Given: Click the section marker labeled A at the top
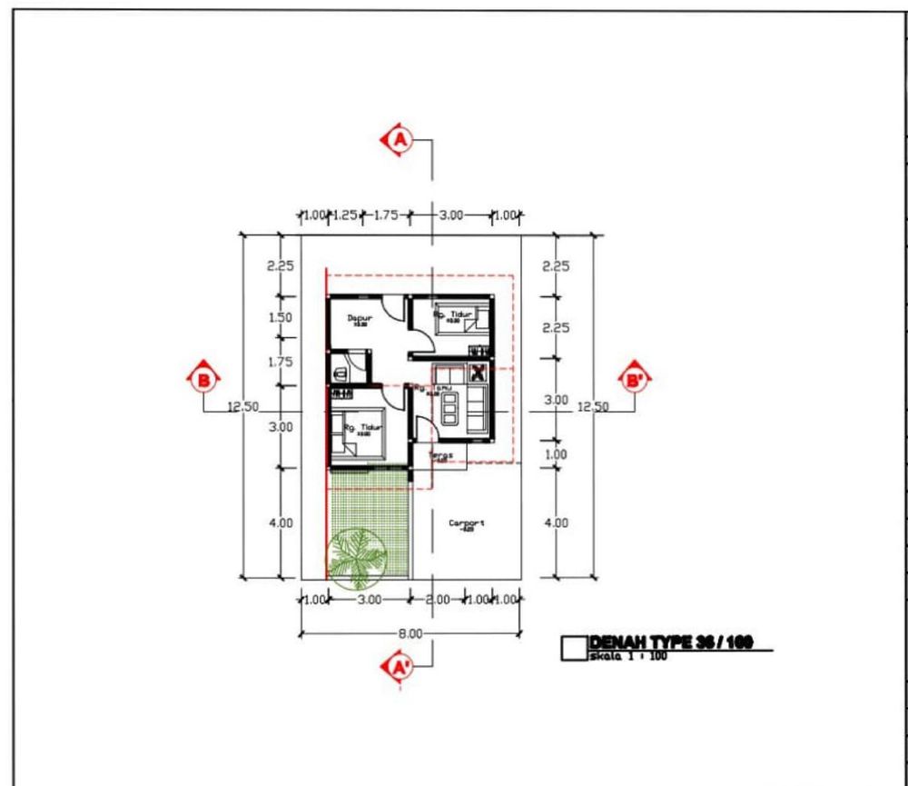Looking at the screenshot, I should click(x=400, y=140).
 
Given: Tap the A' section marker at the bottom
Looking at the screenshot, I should click(x=400, y=666).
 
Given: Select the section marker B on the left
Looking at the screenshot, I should click(x=202, y=379).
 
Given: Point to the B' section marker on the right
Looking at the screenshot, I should click(x=633, y=379).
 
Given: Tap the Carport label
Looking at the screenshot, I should click(x=467, y=523).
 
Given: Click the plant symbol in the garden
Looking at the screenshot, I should click(x=356, y=556).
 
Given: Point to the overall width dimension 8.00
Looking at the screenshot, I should click(x=410, y=632).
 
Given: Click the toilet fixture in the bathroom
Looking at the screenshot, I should click(x=339, y=373).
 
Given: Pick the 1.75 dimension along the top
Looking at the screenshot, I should click(x=387, y=215).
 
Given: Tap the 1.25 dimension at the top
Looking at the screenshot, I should click(x=344, y=215).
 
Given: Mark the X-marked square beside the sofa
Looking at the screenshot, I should click(x=478, y=372).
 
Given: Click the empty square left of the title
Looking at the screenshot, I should click(x=574, y=648).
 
